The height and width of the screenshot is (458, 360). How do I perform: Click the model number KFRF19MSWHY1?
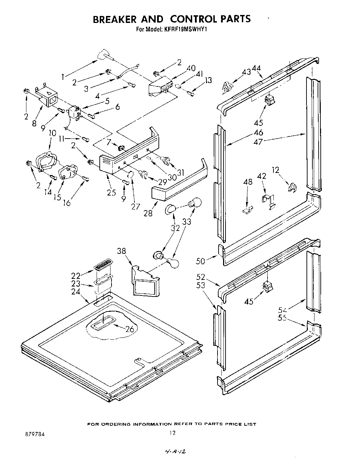coord(184,29)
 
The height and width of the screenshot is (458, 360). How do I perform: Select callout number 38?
coord(121,251)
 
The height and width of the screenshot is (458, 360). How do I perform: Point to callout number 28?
coord(148,213)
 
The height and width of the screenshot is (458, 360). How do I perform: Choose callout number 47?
coord(258,141)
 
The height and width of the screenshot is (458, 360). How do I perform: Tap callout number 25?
coord(111,192)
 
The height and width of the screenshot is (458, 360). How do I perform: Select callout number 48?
coord(247,181)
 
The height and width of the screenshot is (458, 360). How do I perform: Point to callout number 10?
coord(52,133)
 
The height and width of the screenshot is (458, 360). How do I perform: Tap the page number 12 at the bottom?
coord(173,433)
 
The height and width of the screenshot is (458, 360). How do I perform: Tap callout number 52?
coord(201,277)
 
